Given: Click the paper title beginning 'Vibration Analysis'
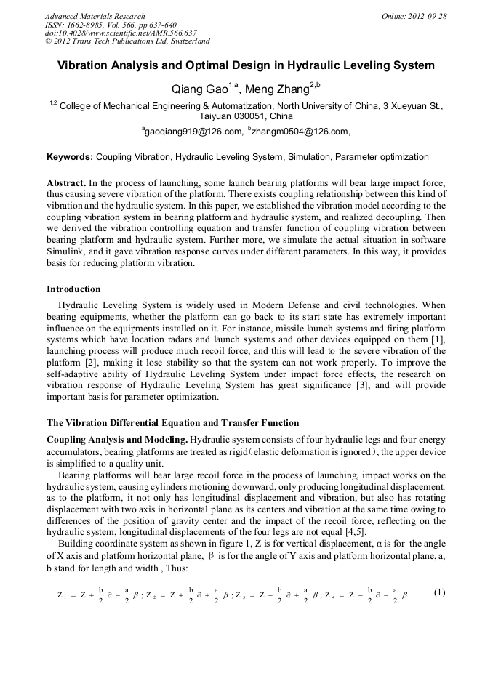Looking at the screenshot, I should tap(246, 65).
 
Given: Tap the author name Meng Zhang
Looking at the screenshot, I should tap(279, 89).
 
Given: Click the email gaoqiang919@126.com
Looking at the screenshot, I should tap(202, 132).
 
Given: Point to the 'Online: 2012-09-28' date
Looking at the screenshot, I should tap(413, 16).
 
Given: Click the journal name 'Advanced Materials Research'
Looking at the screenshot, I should tap(95, 16).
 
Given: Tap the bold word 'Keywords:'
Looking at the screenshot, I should tap(70, 157).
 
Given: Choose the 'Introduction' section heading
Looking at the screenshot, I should tap(73, 289).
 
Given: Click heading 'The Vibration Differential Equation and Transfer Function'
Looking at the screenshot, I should tap(172, 422).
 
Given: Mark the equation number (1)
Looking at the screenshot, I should tap(439, 592).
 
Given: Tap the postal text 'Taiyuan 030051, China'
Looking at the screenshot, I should tap(246, 116).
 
